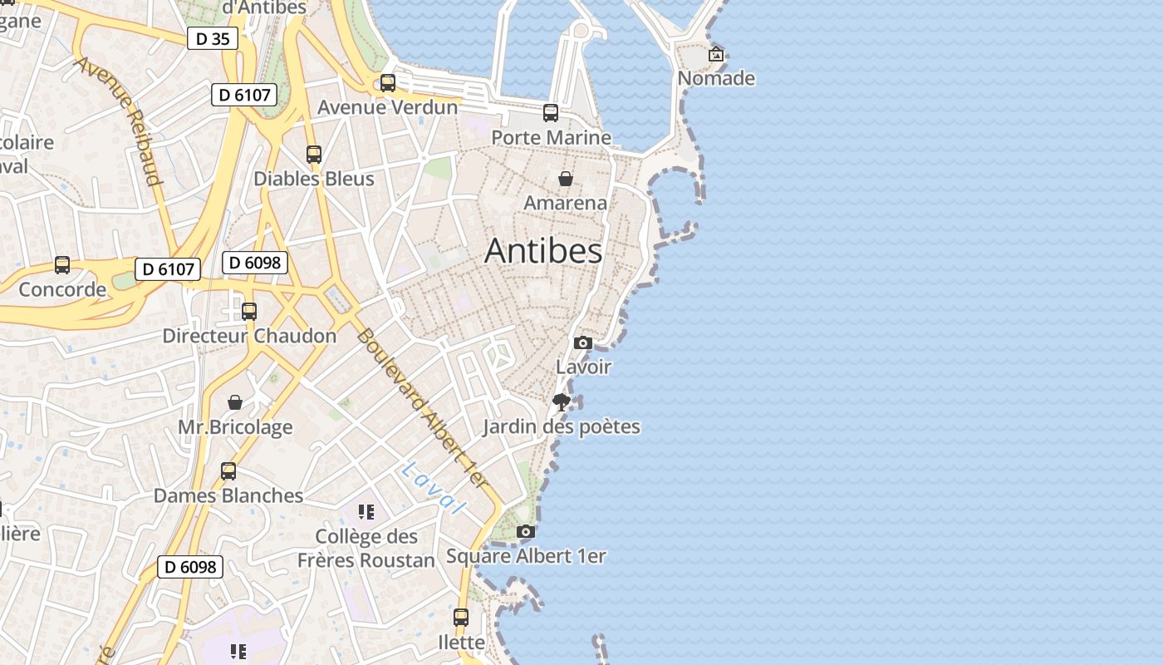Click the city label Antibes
point(543,250)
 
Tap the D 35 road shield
point(213,37)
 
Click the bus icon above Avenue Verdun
point(388,82)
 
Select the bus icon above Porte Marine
point(551,113)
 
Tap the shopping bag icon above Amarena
point(566,178)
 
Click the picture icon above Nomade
point(716,55)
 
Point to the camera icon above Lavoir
point(583,342)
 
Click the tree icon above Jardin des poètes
point(562,402)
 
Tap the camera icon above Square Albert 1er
point(525,531)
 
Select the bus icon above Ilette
point(461,618)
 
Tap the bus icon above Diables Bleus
point(313,154)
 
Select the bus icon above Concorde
point(62,265)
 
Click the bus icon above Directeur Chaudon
point(249,312)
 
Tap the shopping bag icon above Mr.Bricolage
point(235,402)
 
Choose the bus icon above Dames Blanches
point(228,471)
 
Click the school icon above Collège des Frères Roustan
point(366,512)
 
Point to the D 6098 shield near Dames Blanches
point(190,567)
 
